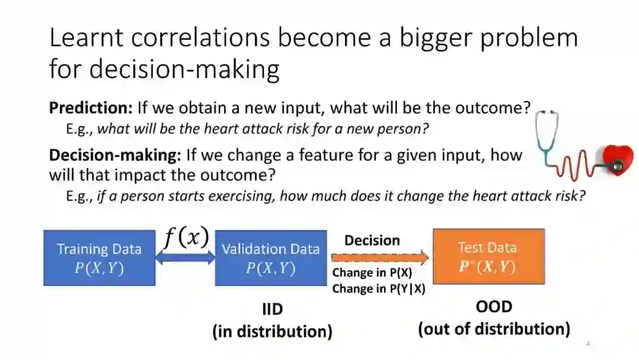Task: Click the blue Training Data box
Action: (99, 258)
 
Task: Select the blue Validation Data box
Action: (271, 258)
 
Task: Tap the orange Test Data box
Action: (489, 256)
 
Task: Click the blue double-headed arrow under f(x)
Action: (185, 258)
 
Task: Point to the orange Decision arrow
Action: (380, 258)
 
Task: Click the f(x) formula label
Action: (186, 236)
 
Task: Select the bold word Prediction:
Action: (91, 108)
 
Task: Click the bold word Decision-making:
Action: (115, 155)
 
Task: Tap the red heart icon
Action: (618, 160)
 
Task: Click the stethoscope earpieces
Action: (547, 112)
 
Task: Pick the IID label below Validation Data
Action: (272, 309)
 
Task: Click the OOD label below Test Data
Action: (494, 307)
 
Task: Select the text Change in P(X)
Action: (372, 272)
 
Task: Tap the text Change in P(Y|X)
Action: (379, 289)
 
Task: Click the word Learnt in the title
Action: (86, 37)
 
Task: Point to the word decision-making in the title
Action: (184, 69)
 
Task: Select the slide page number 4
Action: (588, 343)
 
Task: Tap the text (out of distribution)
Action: (494, 329)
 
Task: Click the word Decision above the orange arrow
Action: (372, 240)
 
